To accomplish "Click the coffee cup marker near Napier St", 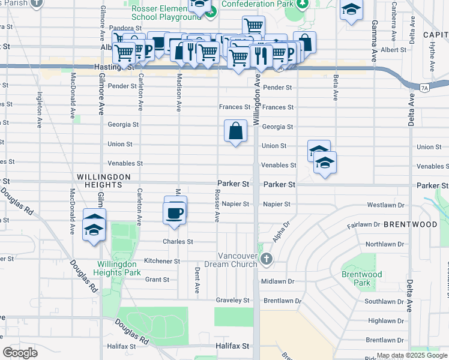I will [x=175, y=214].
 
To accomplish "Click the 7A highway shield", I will [x=424, y=88].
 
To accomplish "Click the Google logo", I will [x=20, y=353].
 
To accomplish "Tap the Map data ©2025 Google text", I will [x=411, y=355].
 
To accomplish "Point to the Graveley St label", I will [x=232, y=300].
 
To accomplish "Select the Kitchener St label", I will [x=161, y=261].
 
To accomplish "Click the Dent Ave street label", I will [x=197, y=280].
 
